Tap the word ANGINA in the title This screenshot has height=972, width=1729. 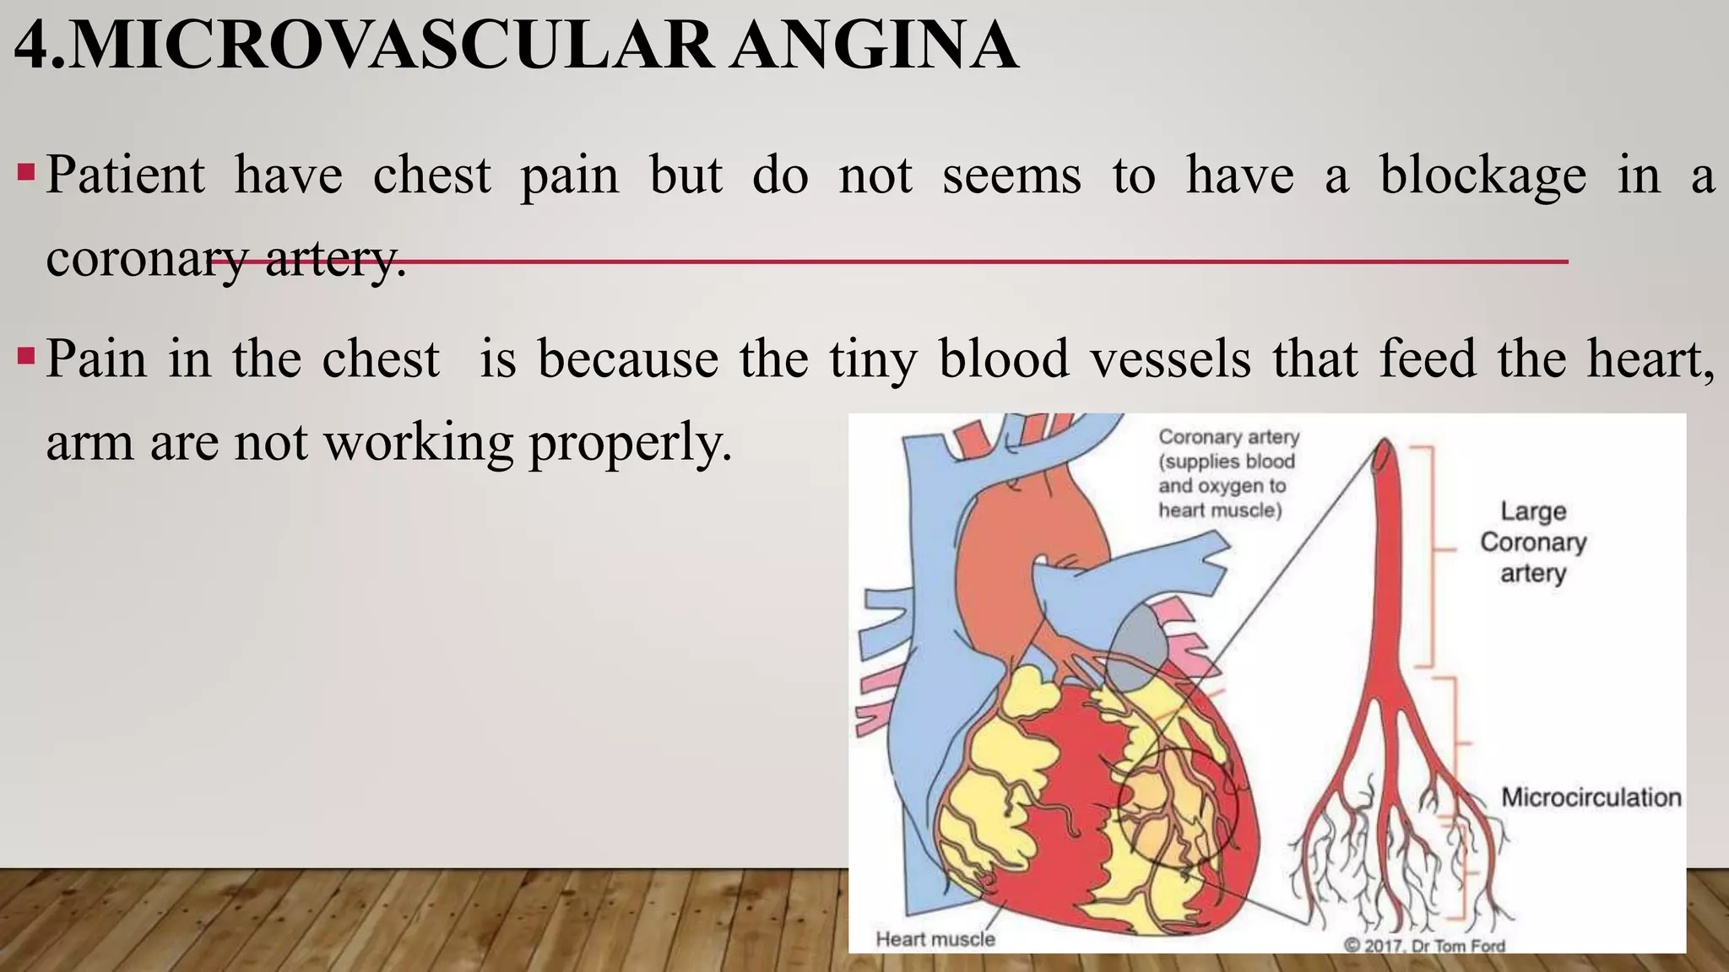point(874,46)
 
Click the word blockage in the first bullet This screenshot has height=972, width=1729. point(1482,175)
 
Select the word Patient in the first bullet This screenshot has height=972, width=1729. point(125,175)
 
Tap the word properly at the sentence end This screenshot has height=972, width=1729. point(630,442)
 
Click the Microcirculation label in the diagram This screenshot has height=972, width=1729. point(1591,797)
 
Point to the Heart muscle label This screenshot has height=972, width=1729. point(935,939)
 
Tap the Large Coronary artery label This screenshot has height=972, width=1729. point(1533,542)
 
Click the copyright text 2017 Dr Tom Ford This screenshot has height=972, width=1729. point(1424,946)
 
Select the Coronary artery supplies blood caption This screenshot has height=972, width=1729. point(1228,473)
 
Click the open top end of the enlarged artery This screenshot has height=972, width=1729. point(1384,456)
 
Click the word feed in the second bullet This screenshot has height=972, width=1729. point(1428,358)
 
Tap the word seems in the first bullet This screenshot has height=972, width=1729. point(1011,175)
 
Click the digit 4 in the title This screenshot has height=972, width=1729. point(32,46)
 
